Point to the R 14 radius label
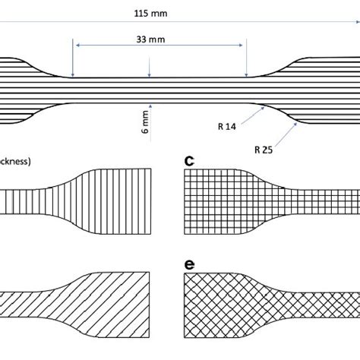coord(226,128)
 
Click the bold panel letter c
coord(190,160)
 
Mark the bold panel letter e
coord(190,264)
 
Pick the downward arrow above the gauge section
coord(150,74)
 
